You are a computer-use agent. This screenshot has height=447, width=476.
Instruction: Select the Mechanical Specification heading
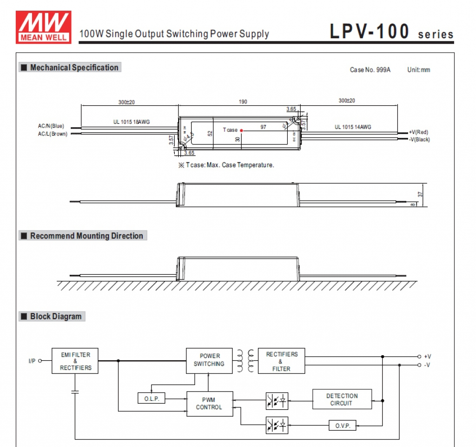tap(70, 68)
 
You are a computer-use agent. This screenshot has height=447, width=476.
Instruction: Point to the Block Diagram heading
tap(52, 317)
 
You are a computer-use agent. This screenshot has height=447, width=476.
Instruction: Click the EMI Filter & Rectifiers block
tap(75, 361)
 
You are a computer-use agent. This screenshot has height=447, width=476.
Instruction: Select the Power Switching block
tap(209, 360)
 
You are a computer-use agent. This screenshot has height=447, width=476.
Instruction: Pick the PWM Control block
tap(209, 403)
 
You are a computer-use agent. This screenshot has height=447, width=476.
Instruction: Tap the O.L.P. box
tap(152, 399)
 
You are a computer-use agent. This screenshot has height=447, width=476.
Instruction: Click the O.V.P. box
tap(343, 426)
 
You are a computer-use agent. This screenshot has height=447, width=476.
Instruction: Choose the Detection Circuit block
tap(342, 400)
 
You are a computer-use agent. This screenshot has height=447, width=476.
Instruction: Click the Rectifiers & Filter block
tap(281, 361)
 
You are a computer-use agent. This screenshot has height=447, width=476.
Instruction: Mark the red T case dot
tap(241, 130)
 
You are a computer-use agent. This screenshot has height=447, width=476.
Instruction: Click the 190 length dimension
tap(243, 102)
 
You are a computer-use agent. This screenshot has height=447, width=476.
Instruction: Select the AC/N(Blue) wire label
tap(51, 126)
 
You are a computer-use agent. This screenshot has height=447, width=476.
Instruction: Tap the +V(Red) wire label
tap(418, 132)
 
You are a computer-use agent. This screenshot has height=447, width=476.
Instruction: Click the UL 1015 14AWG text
tap(353, 127)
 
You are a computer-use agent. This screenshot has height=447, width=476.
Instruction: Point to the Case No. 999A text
tap(370, 70)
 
